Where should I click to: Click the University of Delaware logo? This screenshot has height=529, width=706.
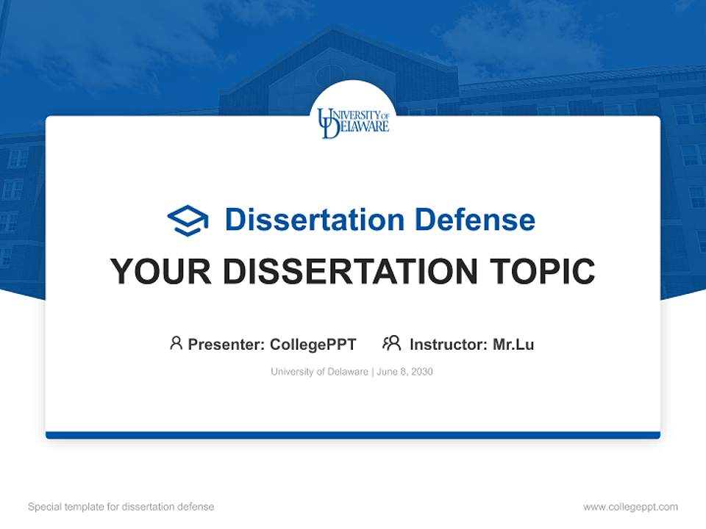click(353, 123)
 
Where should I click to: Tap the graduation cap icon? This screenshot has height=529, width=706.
click(188, 220)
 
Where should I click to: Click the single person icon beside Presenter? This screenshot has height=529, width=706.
click(176, 343)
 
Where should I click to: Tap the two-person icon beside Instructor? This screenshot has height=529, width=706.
click(392, 343)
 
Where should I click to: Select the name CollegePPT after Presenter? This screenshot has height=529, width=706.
click(313, 344)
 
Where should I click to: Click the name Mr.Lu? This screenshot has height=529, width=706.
click(513, 344)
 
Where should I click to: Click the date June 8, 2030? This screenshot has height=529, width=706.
click(405, 372)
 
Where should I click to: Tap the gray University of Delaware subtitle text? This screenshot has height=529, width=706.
click(319, 372)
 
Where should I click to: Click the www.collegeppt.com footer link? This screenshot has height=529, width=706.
click(630, 507)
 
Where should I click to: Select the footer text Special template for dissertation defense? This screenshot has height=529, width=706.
click(121, 507)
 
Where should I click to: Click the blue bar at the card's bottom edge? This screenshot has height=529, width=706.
click(353, 435)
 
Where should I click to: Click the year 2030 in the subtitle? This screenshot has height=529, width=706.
click(422, 372)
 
